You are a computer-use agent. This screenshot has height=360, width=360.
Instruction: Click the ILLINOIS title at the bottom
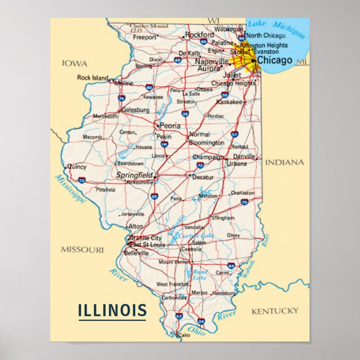(x=112, y=310)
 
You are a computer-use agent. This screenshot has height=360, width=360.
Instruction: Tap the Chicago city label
(x=274, y=60)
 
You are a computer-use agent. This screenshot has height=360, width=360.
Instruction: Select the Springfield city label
(x=134, y=175)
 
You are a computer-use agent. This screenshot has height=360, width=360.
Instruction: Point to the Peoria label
(x=170, y=126)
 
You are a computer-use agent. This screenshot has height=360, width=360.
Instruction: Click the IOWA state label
(x=74, y=64)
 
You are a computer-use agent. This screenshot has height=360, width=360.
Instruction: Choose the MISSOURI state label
(x=82, y=249)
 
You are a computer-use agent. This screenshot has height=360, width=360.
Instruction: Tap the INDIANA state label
(x=285, y=163)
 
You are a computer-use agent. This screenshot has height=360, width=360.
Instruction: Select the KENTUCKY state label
(x=275, y=311)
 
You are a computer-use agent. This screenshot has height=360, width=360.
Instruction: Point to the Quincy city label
(x=77, y=166)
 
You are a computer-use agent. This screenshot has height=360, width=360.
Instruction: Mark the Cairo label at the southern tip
(x=184, y=335)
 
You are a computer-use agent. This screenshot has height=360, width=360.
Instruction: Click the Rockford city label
(x=200, y=35)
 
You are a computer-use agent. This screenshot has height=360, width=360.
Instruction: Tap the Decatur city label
(x=203, y=177)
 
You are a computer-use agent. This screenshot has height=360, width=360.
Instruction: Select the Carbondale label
(x=174, y=298)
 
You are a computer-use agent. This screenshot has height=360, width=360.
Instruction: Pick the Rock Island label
(x=92, y=78)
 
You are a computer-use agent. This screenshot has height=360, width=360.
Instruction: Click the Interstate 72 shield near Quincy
(x=82, y=181)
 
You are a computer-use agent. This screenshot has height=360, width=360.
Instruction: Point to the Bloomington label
(x=206, y=143)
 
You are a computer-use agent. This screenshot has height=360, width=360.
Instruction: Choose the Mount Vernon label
(x=174, y=262)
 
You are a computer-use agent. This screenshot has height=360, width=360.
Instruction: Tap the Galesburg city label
(x=135, y=110)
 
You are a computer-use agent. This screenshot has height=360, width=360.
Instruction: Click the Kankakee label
(x=230, y=102)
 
